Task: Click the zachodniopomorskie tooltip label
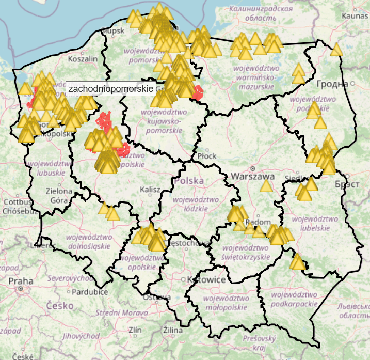(110, 89)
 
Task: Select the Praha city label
(21, 281)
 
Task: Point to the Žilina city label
(173, 330)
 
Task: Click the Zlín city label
(135, 330)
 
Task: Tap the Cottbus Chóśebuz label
(18, 206)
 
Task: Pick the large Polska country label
(189, 181)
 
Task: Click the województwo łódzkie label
(191, 204)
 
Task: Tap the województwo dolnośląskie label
(88, 242)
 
